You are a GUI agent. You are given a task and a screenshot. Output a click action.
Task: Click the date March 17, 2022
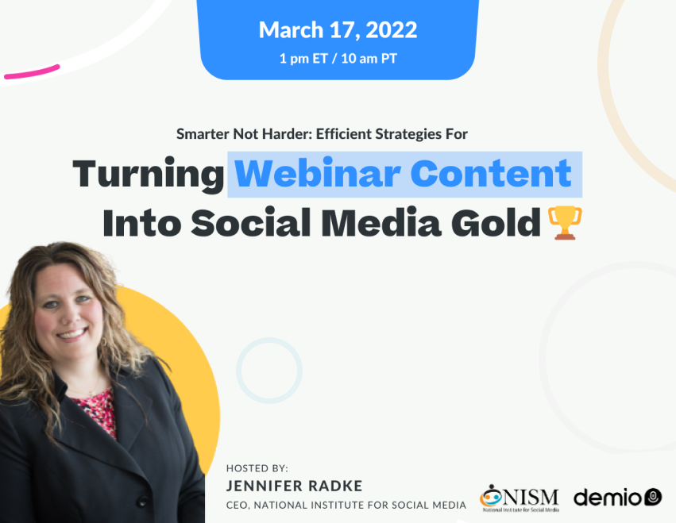click(338, 30)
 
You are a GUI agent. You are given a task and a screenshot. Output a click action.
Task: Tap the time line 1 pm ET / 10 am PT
click(338, 58)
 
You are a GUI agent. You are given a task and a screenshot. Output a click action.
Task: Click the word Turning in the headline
click(149, 174)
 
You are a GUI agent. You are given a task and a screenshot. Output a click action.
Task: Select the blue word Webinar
click(318, 173)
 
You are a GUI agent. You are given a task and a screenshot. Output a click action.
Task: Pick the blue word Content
click(491, 173)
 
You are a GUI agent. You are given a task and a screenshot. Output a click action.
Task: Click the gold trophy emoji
click(565, 223)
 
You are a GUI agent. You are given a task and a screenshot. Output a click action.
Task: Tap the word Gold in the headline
click(496, 222)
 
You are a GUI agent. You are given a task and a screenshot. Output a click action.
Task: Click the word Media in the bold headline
click(381, 222)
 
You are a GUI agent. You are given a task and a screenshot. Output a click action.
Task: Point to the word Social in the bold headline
click(250, 222)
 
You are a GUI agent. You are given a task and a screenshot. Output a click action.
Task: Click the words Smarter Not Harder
click(244, 134)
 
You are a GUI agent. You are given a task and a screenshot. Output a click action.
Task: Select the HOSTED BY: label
click(257, 468)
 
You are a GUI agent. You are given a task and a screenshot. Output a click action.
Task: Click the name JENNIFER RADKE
click(294, 486)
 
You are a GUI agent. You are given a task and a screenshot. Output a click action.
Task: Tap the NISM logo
click(519, 498)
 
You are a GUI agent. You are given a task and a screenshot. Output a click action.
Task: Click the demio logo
click(617, 498)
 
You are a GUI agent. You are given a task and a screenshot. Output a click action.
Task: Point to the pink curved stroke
click(32, 72)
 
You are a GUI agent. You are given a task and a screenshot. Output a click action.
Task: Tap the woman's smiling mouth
click(72, 334)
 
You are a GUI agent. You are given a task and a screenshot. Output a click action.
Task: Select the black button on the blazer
click(142, 502)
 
